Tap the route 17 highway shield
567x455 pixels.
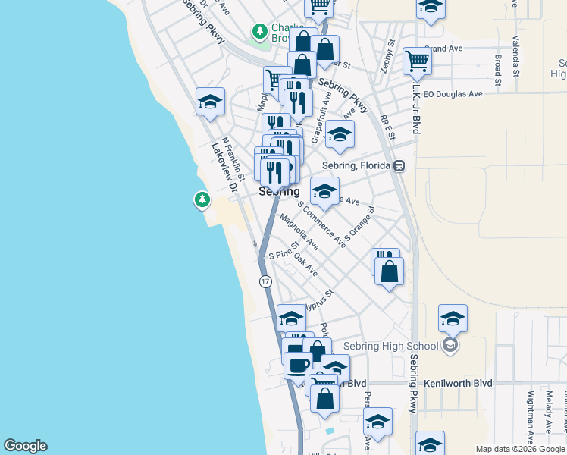click(x=265, y=281)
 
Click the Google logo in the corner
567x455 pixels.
click(x=25, y=446)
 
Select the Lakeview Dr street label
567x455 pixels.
click(x=224, y=168)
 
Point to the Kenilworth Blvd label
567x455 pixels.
click(x=459, y=383)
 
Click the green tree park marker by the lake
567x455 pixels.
click(x=202, y=199)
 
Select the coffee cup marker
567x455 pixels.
click(x=297, y=366)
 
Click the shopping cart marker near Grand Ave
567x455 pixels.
click(x=417, y=61)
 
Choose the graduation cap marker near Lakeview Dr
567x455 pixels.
click(x=210, y=102)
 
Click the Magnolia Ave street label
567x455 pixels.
click(x=299, y=234)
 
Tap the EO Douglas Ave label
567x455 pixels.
click(x=453, y=94)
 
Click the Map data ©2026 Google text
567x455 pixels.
click(x=519, y=449)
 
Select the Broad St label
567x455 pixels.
click(x=498, y=68)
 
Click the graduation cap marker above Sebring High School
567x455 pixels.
click(x=453, y=318)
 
